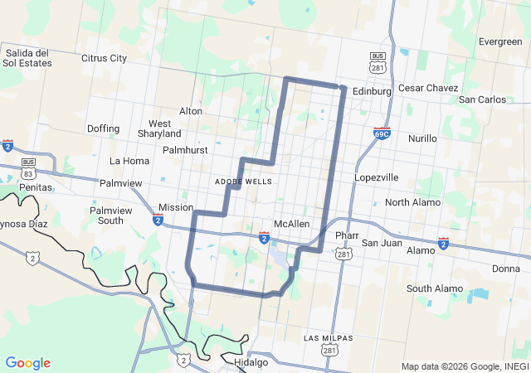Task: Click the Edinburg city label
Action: click(371, 91)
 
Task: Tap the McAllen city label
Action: click(291, 224)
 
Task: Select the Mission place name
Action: click(176, 207)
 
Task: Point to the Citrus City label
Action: click(104, 58)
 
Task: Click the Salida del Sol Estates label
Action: click(28, 58)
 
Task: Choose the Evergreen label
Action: click(500, 41)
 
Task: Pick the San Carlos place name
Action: click(482, 99)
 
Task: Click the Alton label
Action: click(191, 111)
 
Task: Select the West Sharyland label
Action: click(159, 128)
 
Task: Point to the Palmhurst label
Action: click(184, 150)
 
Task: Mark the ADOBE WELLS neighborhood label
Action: click(243, 181)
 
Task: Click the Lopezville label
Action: click(377, 177)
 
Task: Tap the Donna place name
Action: click(505, 269)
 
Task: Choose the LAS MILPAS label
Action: click(328, 338)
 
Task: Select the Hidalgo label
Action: click(251, 363)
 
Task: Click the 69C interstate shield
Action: click(382, 133)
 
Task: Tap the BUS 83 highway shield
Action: click(29, 169)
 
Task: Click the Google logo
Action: click(27, 363)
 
